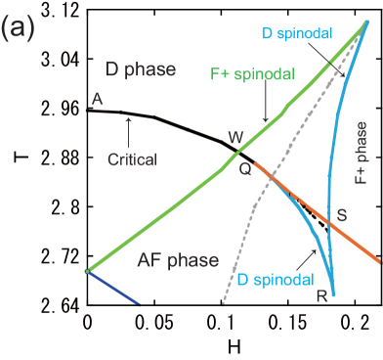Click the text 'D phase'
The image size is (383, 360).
click(x=140, y=69)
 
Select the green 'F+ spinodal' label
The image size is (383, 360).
click(x=253, y=74)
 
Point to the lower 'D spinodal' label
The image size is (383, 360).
click(x=276, y=280)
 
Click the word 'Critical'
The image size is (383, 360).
click(x=130, y=158)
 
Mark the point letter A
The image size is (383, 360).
click(x=96, y=100)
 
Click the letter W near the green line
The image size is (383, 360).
click(x=235, y=137)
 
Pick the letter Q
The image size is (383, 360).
click(x=244, y=168)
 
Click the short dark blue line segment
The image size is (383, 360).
click(x=113, y=288)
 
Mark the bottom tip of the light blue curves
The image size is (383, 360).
click(x=333, y=294)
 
